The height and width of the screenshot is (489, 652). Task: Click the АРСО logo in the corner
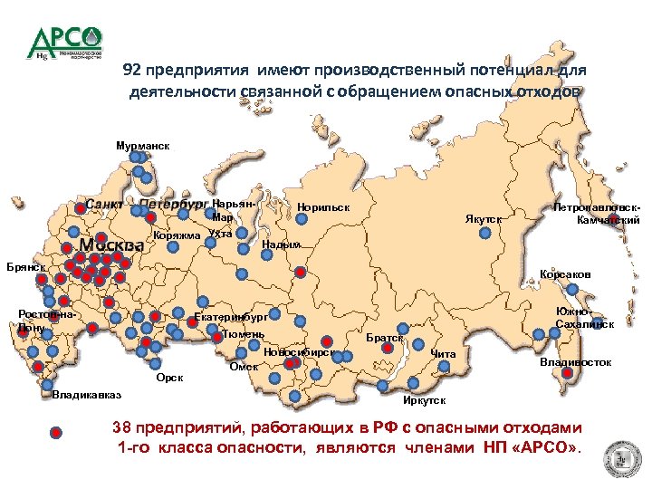point(65,43)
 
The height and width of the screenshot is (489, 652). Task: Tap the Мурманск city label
point(142,145)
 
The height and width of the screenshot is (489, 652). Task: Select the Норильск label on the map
point(323,209)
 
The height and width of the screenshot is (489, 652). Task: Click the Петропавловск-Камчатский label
point(597,214)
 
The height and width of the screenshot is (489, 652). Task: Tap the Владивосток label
point(575,362)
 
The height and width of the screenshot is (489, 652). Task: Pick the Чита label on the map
point(443,353)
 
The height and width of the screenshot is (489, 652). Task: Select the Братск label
point(384,337)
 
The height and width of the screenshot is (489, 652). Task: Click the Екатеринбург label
point(232,318)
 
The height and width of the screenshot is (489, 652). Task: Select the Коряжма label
point(177,236)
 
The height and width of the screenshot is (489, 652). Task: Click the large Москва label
point(110,246)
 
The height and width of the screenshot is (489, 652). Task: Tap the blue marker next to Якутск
point(484,232)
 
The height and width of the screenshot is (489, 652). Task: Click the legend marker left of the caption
point(56,433)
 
